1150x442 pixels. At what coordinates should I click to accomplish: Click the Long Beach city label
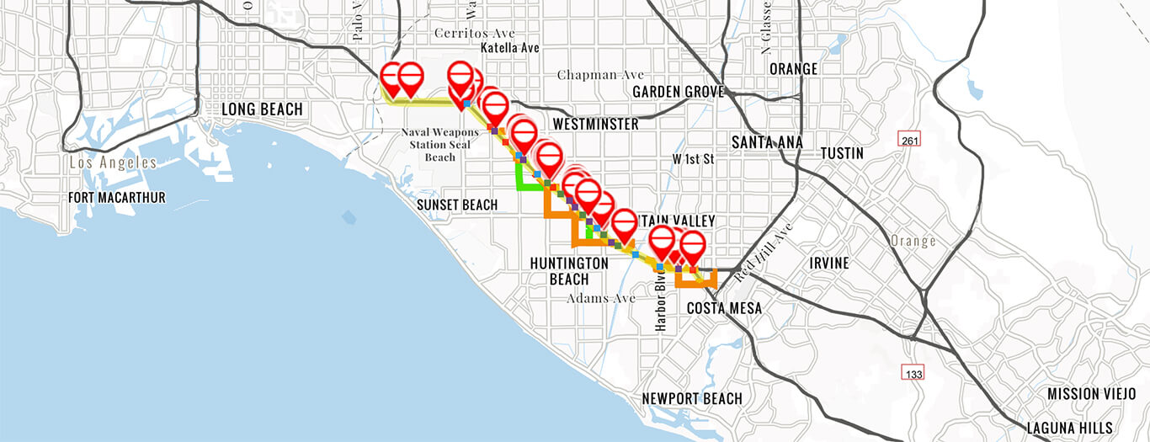click(261, 109)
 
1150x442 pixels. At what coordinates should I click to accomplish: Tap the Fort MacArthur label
click(118, 198)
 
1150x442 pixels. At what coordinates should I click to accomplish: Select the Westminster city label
click(595, 125)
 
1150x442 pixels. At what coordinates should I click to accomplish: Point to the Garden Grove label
click(673, 91)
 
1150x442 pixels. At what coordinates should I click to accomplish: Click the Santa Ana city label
click(767, 143)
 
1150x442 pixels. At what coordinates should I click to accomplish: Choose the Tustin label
click(842, 153)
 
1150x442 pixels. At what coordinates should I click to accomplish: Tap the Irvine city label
click(829, 263)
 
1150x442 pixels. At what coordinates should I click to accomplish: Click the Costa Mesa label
click(724, 308)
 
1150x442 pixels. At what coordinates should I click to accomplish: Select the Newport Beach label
click(692, 398)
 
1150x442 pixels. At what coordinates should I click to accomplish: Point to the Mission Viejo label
click(1085, 394)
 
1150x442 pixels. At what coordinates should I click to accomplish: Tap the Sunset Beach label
click(457, 205)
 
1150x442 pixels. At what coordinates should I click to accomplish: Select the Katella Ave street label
click(509, 48)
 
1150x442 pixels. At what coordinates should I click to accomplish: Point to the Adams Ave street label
click(601, 298)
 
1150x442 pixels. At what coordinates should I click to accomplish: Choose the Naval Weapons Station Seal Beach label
click(439, 144)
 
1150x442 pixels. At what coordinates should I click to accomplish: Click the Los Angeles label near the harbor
click(114, 162)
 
